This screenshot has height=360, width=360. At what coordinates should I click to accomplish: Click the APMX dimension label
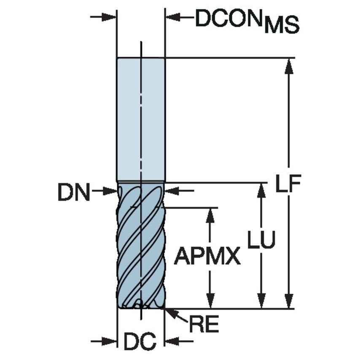click(207, 255)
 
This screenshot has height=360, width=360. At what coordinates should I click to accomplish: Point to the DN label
click(74, 193)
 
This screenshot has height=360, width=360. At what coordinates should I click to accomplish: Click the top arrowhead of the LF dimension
click(289, 65)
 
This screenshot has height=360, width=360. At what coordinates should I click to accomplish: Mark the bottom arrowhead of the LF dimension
click(289, 301)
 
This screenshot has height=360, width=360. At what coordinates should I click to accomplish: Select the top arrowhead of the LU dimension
click(261, 191)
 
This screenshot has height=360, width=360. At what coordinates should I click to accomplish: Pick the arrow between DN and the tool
click(105, 191)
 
